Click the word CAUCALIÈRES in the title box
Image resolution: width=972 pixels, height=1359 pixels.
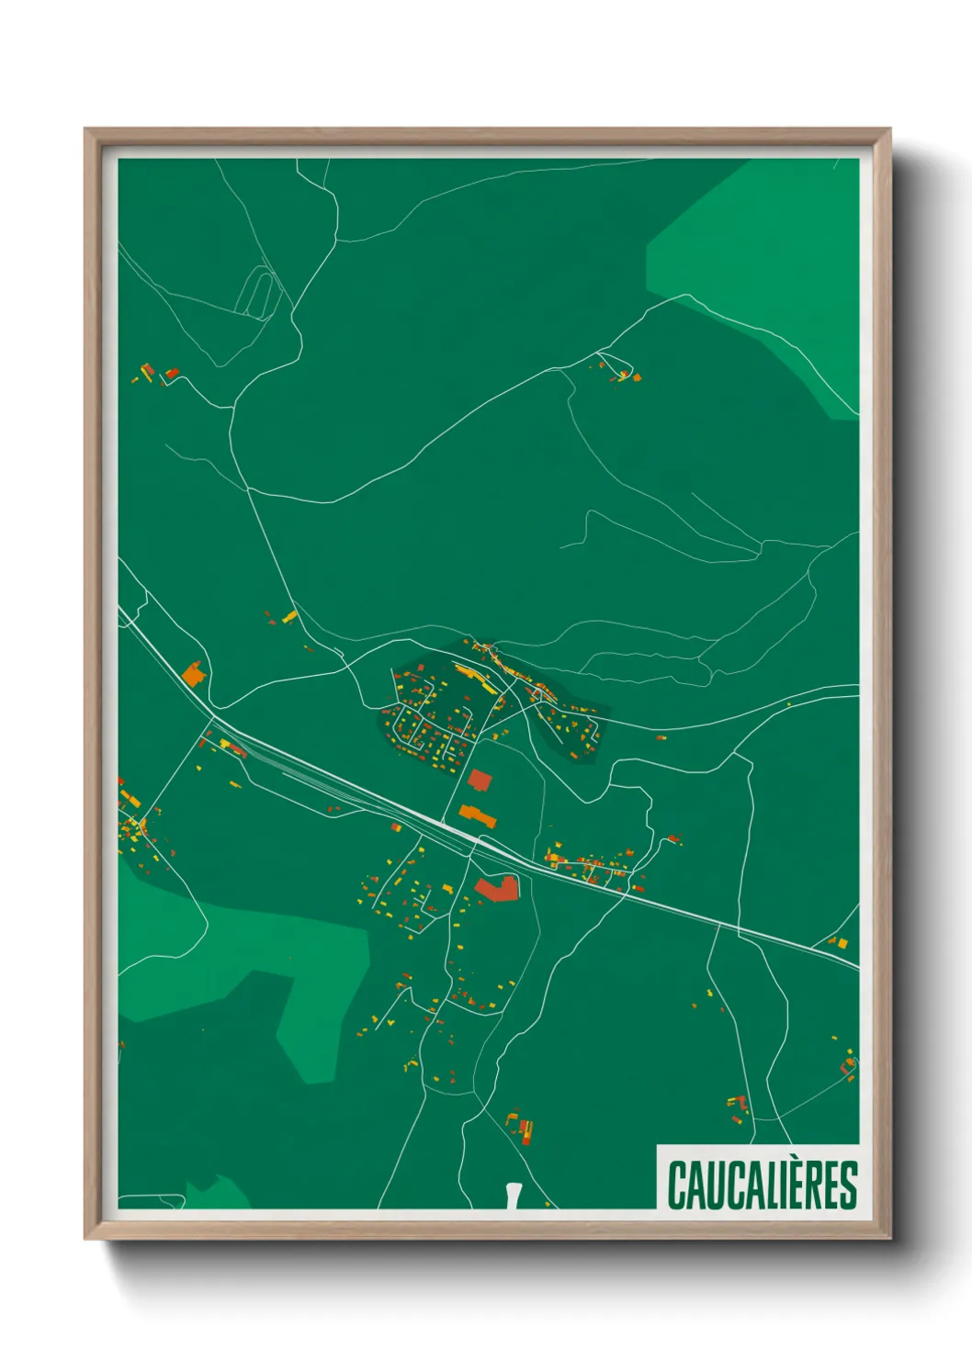pyautogui.click(x=762, y=1185)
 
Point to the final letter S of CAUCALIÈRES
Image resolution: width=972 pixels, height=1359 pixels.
pyautogui.click(x=848, y=1185)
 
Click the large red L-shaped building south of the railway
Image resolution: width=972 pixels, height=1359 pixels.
pyautogui.click(x=497, y=888)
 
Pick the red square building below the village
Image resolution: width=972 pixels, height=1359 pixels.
pyautogui.click(x=480, y=781)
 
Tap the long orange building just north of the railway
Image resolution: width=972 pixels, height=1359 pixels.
pyautogui.click(x=478, y=815)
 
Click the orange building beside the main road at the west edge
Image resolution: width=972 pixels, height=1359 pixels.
pyautogui.click(x=193, y=675)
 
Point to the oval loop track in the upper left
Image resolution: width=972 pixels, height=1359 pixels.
pyautogui.click(x=257, y=292)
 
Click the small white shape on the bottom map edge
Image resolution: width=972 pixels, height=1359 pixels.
pyautogui.click(x=513, y=1196)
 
